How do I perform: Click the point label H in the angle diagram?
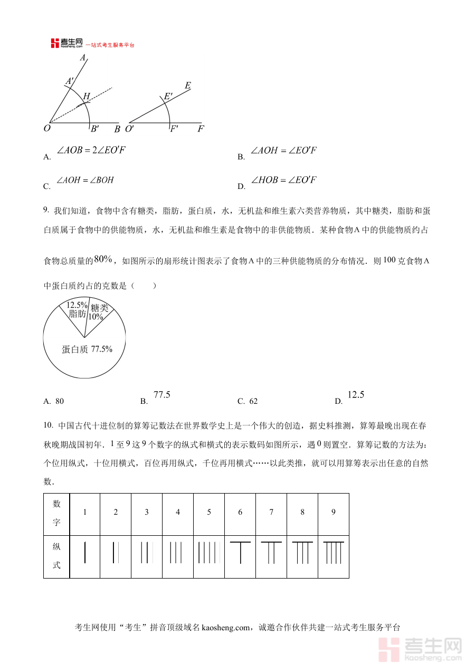coord(87,96)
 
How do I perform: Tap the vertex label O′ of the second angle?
coord(130,128)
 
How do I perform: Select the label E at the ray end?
coord(188,85)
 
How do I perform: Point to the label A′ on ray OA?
coord(69,81)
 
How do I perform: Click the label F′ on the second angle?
coord(174,128)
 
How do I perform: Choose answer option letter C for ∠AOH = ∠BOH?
coord(47,186)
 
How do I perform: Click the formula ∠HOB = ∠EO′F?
coord(284,180)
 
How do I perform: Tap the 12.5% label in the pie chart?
coord(77,305)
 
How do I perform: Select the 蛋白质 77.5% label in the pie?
coord(87,349)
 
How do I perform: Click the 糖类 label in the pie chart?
coord(99,308)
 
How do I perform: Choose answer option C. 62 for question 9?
coord(248,401)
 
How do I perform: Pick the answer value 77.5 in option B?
coord(161,395)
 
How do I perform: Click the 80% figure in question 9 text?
coord(103,259)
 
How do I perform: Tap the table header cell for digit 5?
coord(209,512)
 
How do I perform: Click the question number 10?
coord(48,425)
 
